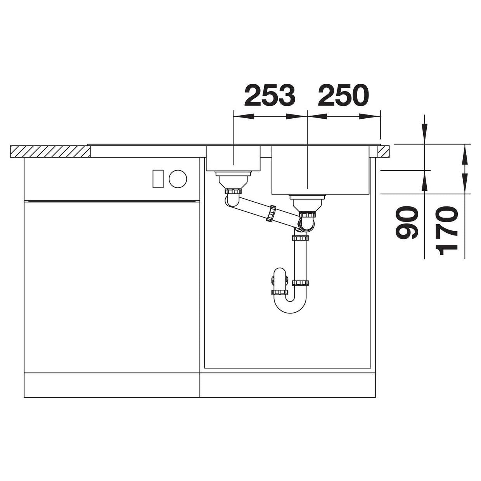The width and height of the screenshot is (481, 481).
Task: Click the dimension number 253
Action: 270,95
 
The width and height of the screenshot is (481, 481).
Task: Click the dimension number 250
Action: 343,95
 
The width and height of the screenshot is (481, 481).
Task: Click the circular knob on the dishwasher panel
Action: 178,179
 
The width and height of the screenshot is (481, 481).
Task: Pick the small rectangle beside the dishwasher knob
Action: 158,179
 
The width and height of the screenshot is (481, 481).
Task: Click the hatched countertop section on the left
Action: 50,151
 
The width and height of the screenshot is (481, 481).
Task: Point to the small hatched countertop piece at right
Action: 383,151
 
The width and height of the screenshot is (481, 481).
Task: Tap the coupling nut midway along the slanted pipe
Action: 272,214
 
